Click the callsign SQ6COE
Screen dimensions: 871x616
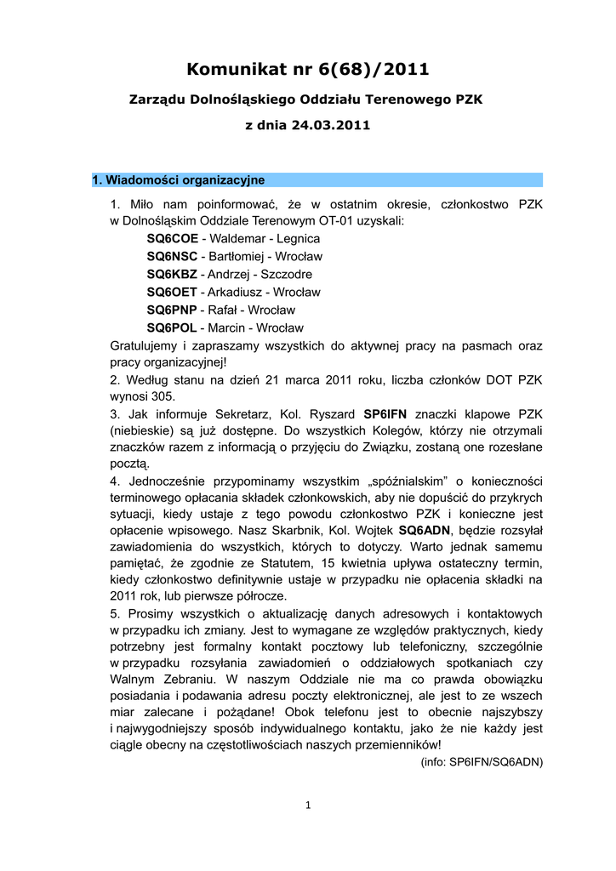[172, 238]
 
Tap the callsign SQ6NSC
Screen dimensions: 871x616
[172, 256]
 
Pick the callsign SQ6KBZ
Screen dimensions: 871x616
[172, 274]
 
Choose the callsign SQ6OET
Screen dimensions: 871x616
[172, 292]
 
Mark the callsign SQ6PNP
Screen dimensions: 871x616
[172, 310]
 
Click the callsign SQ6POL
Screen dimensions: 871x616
[172, 327]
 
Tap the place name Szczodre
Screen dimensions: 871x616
[284, 274]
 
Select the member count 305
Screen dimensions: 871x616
[163, 396]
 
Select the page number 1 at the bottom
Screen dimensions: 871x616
[307, 806]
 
